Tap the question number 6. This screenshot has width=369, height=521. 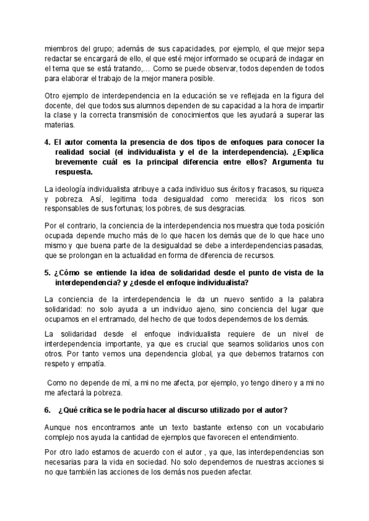coord(48,410)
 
